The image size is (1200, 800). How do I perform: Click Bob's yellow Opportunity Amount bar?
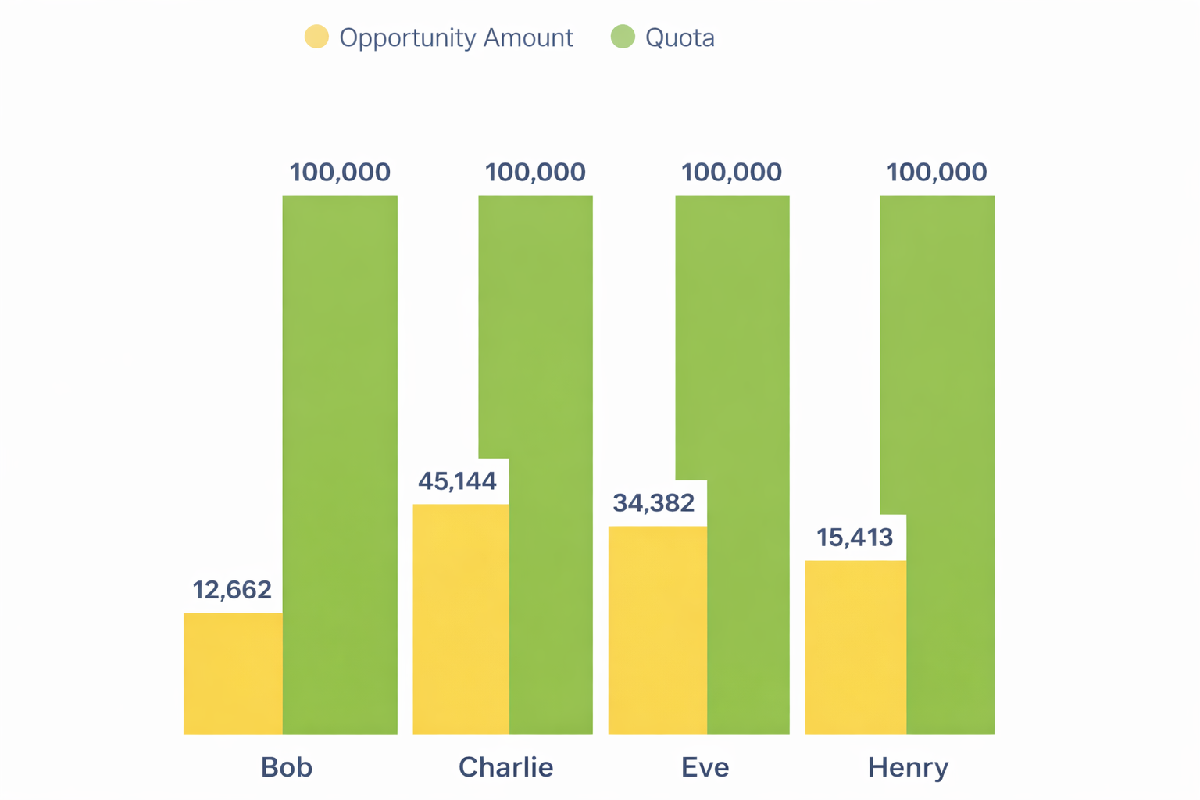tap(233, 673)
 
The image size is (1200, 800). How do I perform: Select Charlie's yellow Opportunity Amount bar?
tap(461, 619)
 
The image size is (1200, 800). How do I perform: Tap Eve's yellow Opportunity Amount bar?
tap(657, 630)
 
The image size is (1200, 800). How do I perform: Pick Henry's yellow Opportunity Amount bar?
tap(855, 647)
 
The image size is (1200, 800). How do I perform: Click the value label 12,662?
tap(232, 590)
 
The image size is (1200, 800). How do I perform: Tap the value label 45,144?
tap(457, 481)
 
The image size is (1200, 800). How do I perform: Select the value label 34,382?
tap(653, 503)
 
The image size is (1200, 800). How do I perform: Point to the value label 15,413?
tap(855, 537)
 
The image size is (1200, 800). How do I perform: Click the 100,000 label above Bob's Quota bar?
tap(340, 173)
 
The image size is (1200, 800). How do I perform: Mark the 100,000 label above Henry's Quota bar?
tap(937, 173)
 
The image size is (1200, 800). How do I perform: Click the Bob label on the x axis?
tap(287, 767)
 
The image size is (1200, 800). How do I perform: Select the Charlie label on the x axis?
tap(505, 767)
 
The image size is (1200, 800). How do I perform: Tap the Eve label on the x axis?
tap(705, 767)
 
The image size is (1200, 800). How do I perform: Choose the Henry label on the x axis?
tap(908, 767)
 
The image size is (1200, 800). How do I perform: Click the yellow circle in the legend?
tap(316, 37)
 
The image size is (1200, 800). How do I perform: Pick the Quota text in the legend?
tap(680, 37)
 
